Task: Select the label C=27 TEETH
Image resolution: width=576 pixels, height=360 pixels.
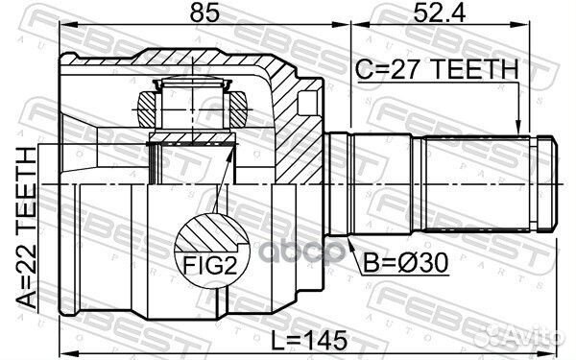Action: coord(435,69)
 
